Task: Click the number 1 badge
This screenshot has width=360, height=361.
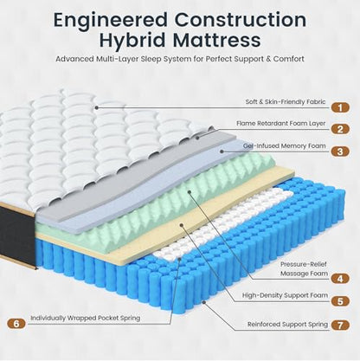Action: (340, 107)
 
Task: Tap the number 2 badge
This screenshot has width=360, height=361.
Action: (340, 129)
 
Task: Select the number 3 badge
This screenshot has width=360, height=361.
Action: (340, 151)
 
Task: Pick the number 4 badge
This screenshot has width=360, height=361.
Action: (340, 279)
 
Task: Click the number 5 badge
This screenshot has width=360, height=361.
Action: (340, 301)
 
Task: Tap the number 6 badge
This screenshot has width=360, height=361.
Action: (16, 324)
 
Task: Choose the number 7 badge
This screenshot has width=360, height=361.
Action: (340, 325)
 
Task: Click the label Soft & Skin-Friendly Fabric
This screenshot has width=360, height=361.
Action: (286, 101)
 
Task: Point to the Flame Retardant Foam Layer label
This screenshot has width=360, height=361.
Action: (280, 123)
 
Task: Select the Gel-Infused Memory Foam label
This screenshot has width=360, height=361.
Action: (284, 145)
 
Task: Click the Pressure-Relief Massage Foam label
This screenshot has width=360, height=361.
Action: (304, 268)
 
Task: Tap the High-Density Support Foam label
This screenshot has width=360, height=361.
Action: (285, 295)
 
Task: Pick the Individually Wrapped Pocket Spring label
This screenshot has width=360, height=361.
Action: (86, 318)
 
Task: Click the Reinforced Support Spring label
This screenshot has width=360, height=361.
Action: (287, 325)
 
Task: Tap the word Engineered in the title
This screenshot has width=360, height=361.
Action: (111, 20)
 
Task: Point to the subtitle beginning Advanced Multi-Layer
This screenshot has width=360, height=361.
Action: (180, 59)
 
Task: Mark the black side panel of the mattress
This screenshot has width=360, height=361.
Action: (18, 236)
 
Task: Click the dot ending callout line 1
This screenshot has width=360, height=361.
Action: (97, 107)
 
